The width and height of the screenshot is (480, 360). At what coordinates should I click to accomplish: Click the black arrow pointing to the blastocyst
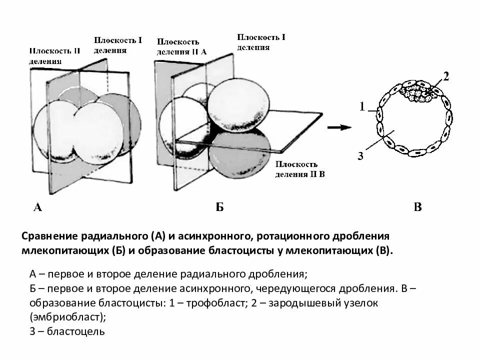(x=339, y=127)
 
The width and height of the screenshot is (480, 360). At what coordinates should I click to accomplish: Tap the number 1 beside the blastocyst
(x=363, y=106)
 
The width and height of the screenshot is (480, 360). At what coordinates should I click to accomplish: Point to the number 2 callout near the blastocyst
(x=446, y=77)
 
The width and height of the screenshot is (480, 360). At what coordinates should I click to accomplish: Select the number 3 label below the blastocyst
(x=360, y=156)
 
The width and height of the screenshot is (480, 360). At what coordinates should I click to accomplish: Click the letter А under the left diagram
(x=37, y=207)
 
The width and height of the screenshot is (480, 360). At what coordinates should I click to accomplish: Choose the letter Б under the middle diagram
(x=219, y=207)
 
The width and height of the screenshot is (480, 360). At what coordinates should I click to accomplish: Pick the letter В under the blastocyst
(x=418, y=207)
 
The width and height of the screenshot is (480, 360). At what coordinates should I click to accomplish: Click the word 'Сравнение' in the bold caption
(x=47, y=235)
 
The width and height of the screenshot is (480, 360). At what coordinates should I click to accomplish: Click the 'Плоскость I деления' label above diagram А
(x=118, y=45)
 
